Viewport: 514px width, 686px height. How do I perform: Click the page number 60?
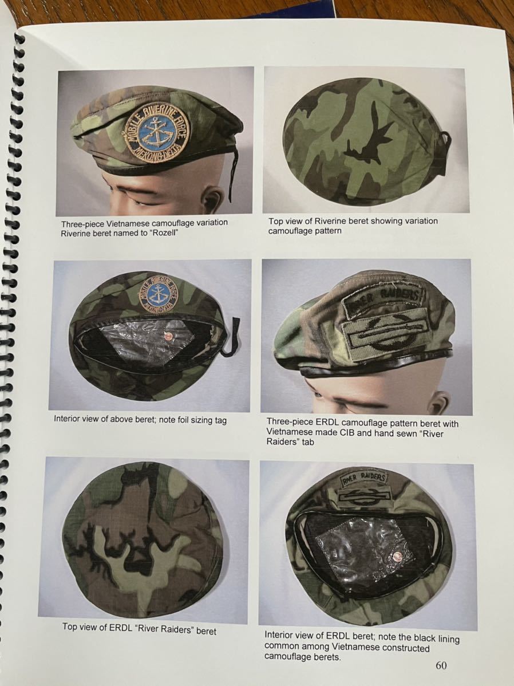coord(441,665)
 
